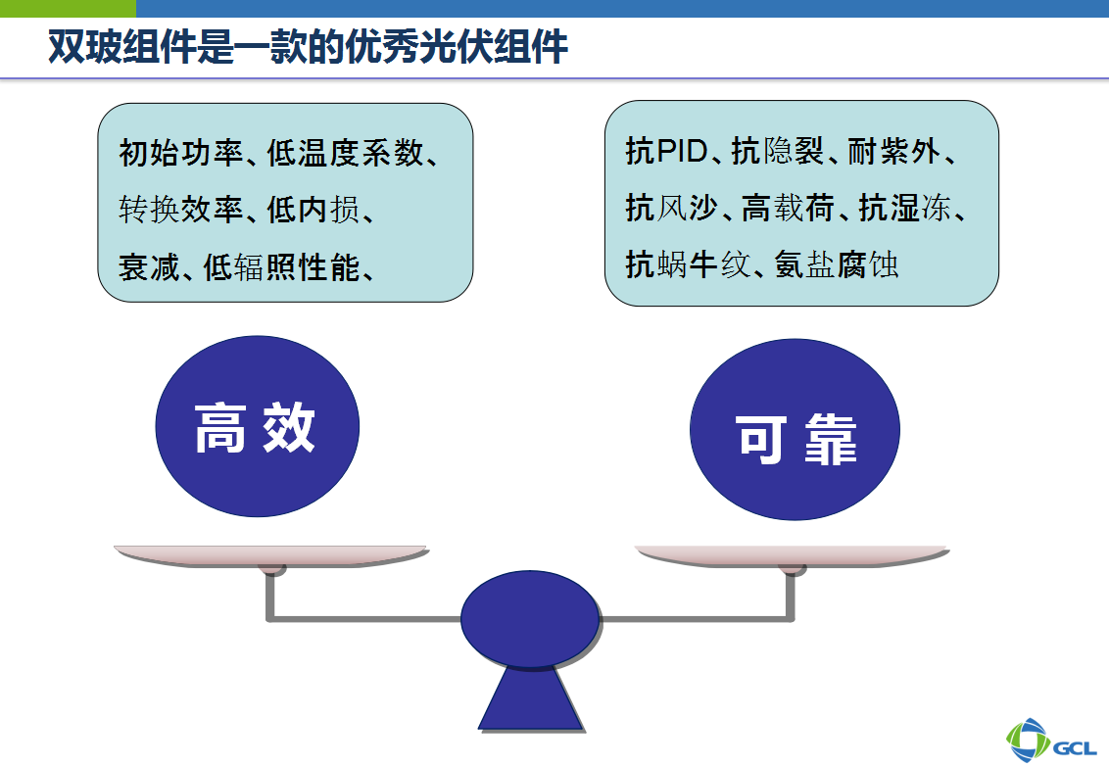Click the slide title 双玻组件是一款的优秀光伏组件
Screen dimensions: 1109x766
(308, 47)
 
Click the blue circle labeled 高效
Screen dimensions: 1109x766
(258, 426)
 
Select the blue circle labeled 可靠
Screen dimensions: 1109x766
(795, 429)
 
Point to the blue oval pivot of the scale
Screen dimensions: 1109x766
(530, 620)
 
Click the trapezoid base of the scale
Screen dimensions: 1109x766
(532, 698)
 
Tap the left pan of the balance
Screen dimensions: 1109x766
(271, 556)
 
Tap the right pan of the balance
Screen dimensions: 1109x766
(793, 556)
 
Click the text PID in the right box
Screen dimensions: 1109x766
(683, 151)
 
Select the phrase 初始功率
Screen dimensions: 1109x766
(181, 153)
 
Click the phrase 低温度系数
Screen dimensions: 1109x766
(345, 153)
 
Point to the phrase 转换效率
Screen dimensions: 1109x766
(181, 210)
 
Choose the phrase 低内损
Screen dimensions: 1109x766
(313, 210)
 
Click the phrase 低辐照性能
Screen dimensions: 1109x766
(282, 267)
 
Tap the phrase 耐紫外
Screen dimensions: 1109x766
(894, 152)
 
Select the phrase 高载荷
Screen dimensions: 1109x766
(788, 208)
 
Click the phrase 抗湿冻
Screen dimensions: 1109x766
(905, 208)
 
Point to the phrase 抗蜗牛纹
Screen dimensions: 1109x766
(688, 264)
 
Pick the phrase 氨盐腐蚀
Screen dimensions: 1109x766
(837, 264)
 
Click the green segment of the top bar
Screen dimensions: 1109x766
(68, 8)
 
